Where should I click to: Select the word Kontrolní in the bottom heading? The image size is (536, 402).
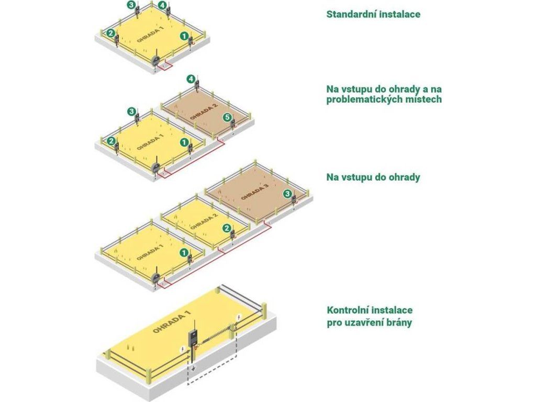348,310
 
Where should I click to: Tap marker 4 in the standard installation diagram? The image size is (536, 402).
163,5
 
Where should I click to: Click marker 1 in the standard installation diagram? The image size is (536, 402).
184,36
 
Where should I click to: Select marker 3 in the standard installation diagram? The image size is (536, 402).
131,5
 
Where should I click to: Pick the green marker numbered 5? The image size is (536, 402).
227,117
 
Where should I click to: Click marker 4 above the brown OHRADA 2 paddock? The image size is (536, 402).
191,80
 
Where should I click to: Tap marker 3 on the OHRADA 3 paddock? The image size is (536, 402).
287,194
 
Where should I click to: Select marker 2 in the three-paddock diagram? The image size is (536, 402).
226,228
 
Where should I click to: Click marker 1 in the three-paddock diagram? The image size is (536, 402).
184,253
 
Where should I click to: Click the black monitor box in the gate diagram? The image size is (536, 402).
194,339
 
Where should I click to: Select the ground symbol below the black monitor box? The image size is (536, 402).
194,368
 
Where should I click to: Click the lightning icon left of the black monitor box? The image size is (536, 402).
183,350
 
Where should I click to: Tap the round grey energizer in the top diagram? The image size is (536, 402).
156,61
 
